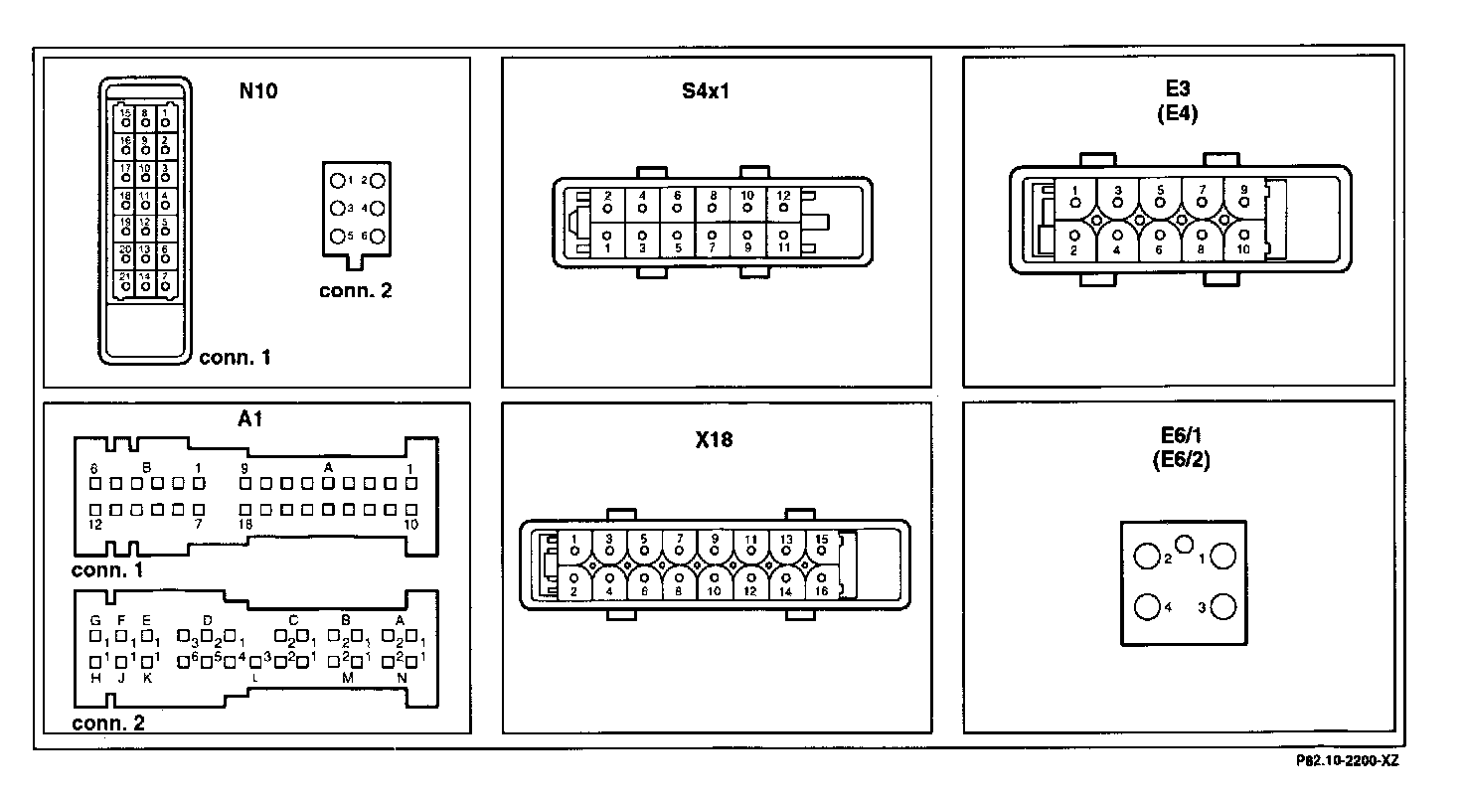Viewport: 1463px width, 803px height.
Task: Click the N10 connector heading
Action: (258, 92)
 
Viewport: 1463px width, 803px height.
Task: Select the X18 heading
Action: (715, 438)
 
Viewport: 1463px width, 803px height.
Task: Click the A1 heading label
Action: (250, 418)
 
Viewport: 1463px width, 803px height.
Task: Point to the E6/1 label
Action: (1178, 438)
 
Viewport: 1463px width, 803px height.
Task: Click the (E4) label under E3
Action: (1178, 113)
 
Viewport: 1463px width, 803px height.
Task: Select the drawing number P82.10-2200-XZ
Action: (1346, 761)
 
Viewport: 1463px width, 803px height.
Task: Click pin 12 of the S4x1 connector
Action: (783, 208)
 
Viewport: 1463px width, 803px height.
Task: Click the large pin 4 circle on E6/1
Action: (1147, 606)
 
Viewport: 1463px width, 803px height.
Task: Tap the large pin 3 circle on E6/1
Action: (1222, 606)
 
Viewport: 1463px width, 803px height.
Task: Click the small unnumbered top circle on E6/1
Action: (1185, 544)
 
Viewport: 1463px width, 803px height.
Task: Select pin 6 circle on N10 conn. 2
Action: (378, 237)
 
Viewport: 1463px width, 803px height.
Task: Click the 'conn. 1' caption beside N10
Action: (235, 358)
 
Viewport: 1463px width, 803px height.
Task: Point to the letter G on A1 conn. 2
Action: (95, 620)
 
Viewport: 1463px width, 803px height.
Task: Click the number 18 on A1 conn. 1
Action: (244, 524)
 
